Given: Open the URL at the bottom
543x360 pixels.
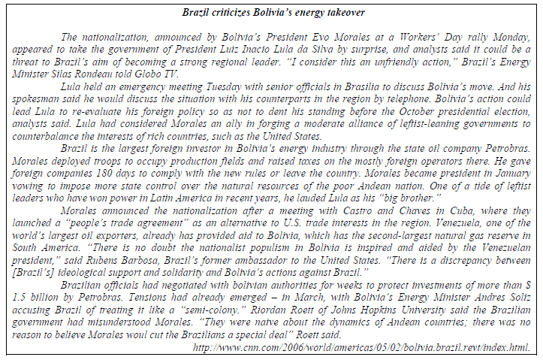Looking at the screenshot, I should point(362,347).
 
